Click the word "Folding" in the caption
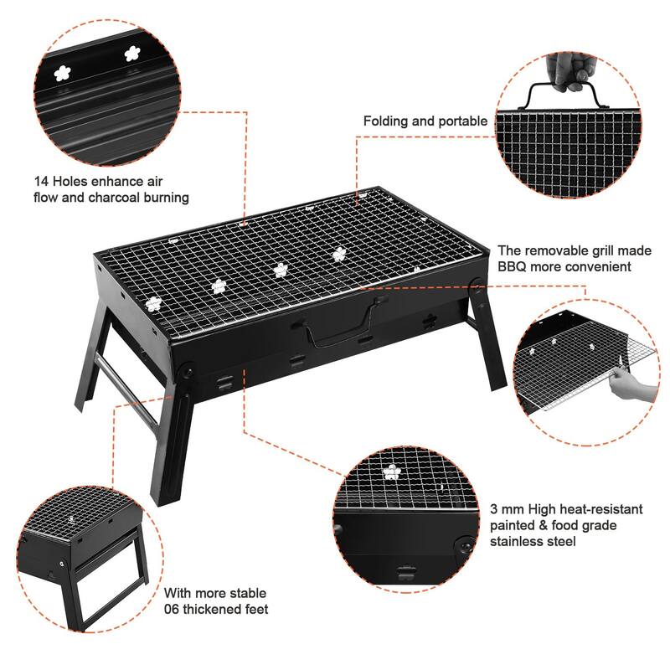[388, 121]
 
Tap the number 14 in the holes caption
[41, 180]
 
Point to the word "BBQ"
[513, 267]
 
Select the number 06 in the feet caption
[174, 609]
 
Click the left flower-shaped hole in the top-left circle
[62, 73]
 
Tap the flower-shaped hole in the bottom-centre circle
[391, 472]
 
